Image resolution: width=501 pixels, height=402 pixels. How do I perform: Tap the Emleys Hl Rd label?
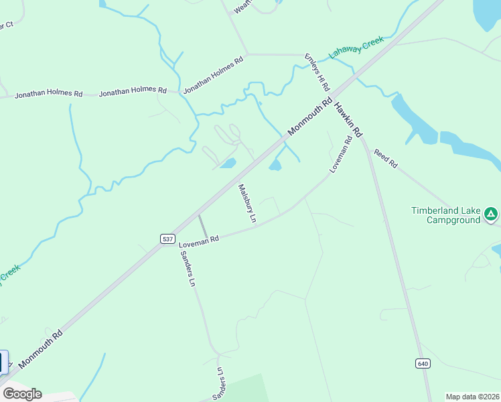pos(317,72)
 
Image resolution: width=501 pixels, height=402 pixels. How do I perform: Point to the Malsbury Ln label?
pos(246,203)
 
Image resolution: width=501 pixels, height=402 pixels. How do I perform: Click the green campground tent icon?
pos(491,214)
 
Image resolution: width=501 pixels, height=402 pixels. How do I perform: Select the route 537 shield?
pos(167,238)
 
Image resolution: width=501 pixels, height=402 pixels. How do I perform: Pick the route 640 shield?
pos(422,363)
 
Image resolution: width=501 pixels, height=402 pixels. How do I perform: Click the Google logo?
pos(22,394)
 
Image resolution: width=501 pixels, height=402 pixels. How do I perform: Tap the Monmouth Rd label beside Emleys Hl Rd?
pos(310,117)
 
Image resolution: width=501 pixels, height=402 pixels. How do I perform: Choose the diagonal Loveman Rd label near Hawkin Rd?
pos(341,155)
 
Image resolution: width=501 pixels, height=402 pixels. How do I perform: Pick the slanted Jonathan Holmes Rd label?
pos(213,74)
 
